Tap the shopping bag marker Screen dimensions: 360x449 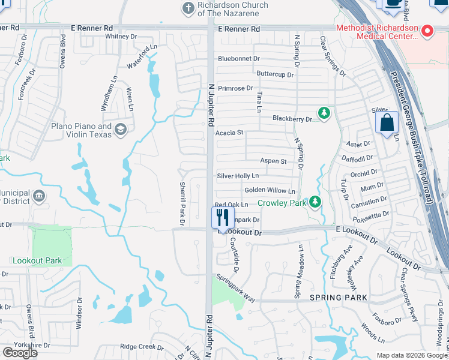387,122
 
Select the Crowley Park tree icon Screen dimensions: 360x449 315,202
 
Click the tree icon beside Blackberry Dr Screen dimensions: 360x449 324,113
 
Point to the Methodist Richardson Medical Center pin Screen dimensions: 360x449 427,30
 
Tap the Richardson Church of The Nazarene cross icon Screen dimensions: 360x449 187,8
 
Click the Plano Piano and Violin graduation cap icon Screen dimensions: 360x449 121,129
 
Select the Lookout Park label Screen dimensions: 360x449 37,261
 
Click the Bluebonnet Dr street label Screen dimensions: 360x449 238,59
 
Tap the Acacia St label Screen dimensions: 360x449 230,133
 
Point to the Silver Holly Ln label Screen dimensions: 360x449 238,176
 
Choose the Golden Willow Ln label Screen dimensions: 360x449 270,191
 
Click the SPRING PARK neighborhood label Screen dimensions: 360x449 338,298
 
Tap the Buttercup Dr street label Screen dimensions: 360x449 275,75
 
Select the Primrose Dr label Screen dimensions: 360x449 235,88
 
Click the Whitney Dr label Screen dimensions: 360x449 121,37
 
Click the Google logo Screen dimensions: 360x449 20,352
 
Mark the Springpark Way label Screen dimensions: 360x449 236,288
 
